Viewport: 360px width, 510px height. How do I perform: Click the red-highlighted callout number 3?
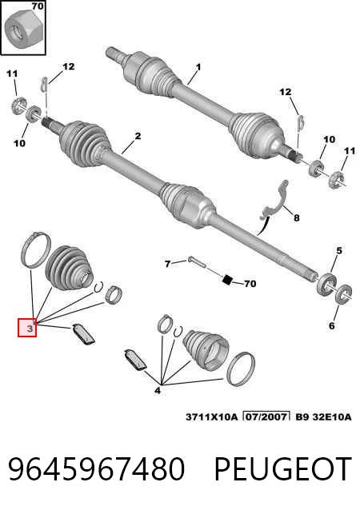click(x=30, y=329)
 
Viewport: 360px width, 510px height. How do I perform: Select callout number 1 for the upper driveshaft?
click(x=198, y=67)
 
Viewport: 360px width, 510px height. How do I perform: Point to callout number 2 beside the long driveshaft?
click(x=138, y=136)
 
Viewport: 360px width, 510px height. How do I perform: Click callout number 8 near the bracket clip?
click(x=296, y=217)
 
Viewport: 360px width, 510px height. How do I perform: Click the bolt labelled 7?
click(x=196, y=262)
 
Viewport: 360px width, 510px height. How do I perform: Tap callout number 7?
click(x=167, y=264)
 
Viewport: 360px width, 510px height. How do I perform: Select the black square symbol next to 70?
click(x=227, y=280)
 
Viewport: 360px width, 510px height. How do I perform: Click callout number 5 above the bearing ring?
click(x=339, y=251)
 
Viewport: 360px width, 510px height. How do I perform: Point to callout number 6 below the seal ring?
click(x=331, y=325)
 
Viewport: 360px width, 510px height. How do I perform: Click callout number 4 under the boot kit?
click(x=158, y=390)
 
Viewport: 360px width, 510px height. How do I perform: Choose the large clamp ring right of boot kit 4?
click(x=242, y=369)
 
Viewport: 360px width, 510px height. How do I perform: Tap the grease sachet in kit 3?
click(x=83, y=333)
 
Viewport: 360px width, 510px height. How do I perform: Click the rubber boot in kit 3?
click(x=70, y=267)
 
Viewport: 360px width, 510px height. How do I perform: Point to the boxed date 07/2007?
click(x=266, y=416)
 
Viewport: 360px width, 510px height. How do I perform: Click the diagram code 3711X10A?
click(x=211, y=416)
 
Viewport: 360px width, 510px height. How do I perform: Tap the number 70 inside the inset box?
click(x=38, y=6)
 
